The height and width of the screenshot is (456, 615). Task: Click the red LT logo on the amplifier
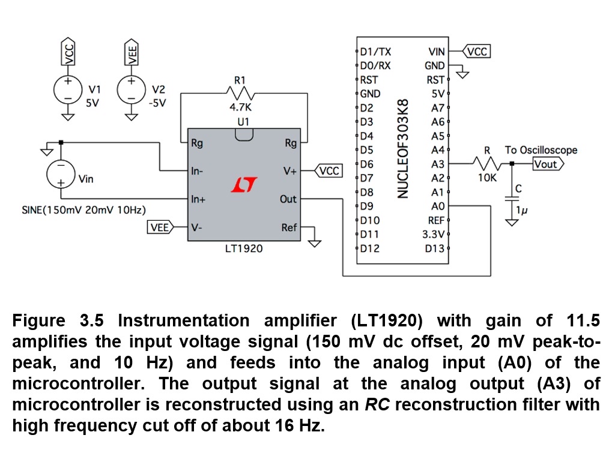244,185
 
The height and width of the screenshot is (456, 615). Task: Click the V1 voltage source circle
68,88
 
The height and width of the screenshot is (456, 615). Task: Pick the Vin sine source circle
61,173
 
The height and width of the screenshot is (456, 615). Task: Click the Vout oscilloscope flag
547,164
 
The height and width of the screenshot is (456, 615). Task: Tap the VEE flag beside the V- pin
160,227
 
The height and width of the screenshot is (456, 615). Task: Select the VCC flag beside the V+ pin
329,171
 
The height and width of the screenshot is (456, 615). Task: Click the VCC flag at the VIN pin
477,52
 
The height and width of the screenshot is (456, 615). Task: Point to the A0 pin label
437,206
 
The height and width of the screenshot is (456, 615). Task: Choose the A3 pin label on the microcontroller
437,164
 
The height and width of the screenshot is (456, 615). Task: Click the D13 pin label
434,248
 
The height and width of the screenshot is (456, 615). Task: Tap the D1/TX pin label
375,52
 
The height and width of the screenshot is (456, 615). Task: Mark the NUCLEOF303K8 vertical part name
403,148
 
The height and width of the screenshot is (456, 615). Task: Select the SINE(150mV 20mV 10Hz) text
83,210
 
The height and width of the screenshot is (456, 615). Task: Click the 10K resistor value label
487,178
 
